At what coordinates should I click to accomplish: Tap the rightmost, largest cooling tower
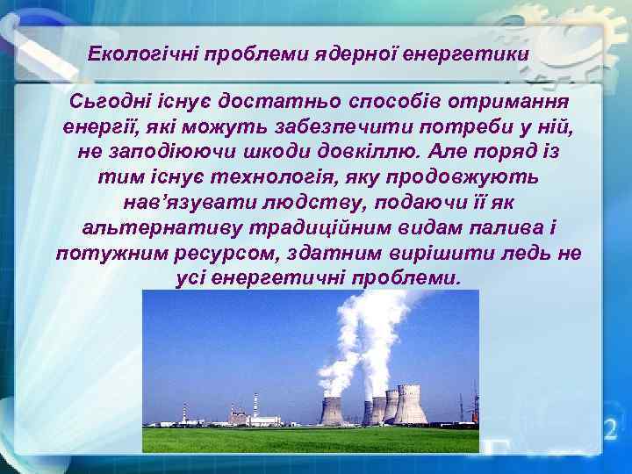[410, 404]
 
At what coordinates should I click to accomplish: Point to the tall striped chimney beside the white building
[255, 406]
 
